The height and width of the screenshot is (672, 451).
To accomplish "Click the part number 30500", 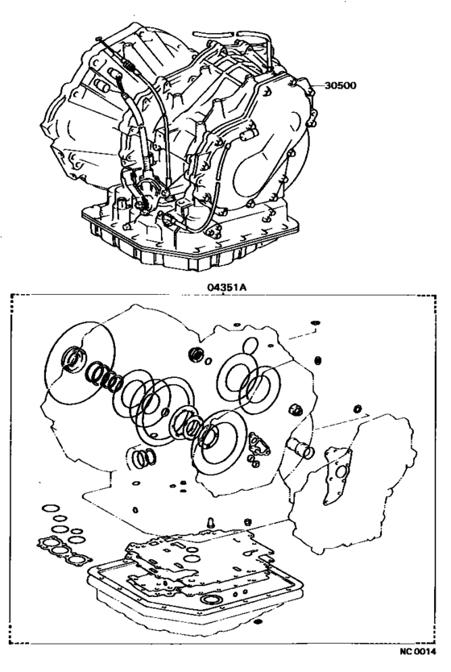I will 341,83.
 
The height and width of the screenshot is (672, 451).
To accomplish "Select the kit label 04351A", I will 225,286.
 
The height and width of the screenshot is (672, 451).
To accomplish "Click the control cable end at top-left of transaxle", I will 97,40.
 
